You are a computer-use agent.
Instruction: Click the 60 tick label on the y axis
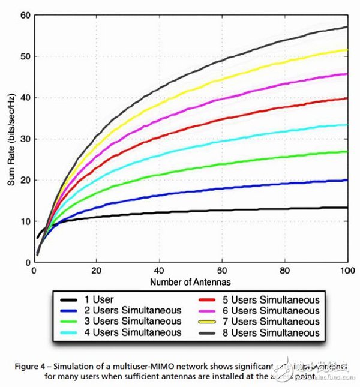[25, 15]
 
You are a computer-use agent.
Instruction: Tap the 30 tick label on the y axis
[25, 139]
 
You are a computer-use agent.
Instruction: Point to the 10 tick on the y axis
[25, 221]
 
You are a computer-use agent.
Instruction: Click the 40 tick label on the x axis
[160, 271]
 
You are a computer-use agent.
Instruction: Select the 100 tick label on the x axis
[347, 271]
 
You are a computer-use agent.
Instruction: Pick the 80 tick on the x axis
[286, 271]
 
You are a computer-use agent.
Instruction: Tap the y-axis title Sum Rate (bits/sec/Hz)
[10, 139]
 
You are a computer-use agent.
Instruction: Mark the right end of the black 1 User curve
[347, 208]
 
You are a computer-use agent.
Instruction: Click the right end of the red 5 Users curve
[347, 98]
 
